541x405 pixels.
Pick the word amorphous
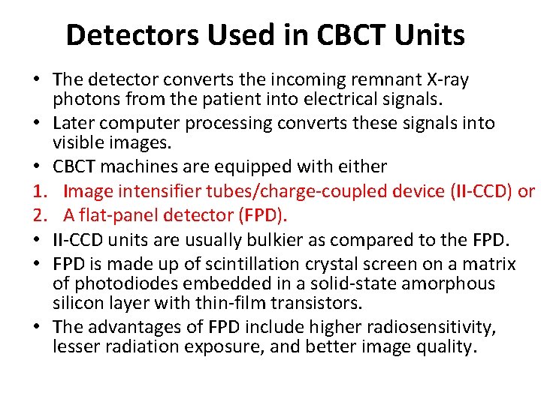point(455,283)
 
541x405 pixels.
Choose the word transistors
point(313,302)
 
